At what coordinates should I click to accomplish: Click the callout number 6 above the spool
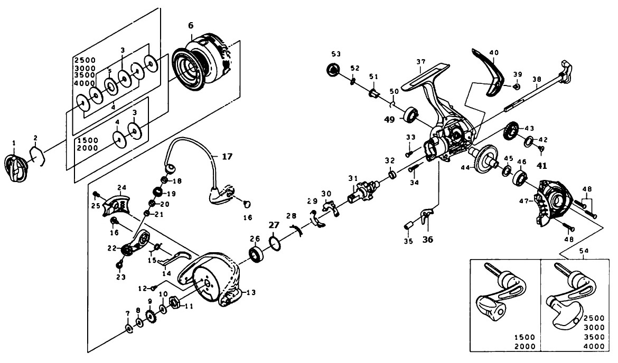[191, 25]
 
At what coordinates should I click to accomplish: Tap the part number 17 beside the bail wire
[227, 156]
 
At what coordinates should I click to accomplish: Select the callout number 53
[336, 54]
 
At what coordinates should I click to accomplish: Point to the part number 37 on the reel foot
[420, 62]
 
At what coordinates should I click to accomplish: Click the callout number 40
[494, 53]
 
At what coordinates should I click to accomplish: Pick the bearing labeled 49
[411, 116]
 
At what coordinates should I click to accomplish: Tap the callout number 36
[428, 238]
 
